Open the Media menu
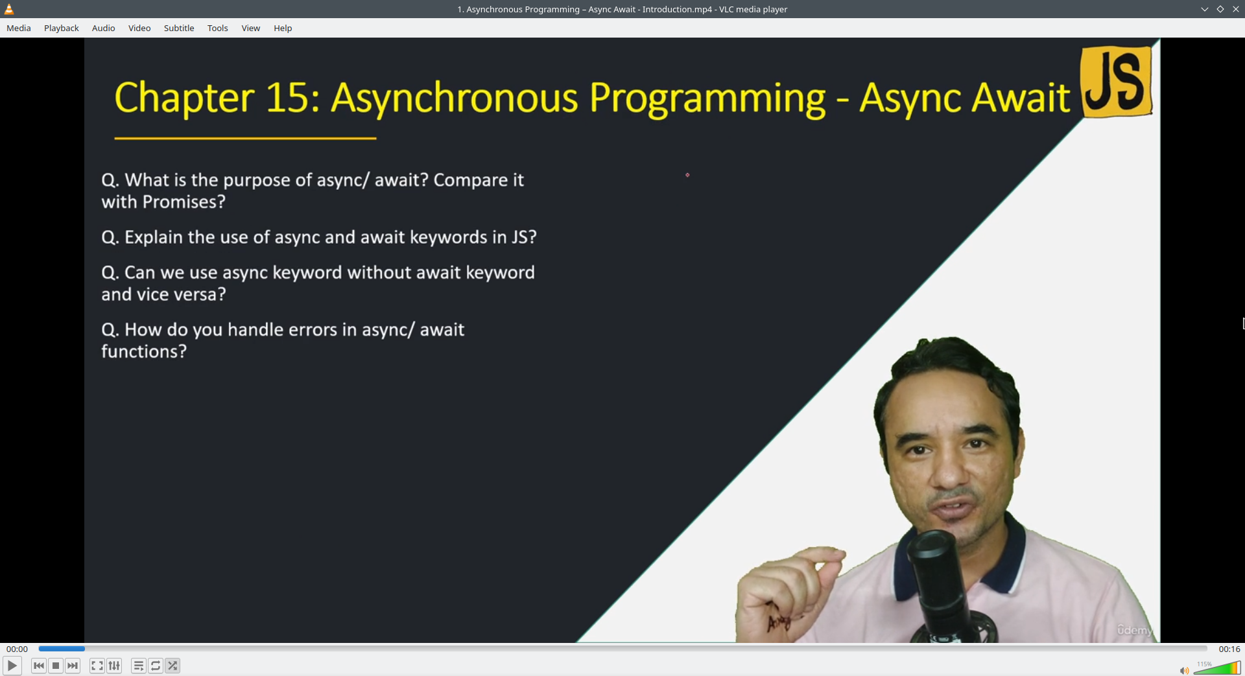[19, 28]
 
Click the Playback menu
[62, 28]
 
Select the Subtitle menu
[179, 28]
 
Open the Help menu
[283, 28]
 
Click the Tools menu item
[218, 28]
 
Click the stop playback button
[56, 666]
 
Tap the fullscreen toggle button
[97, 666]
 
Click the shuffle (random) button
[172, 666]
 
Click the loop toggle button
[156, 666]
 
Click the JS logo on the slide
[1116, 82]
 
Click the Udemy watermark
[1134, 630]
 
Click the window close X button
[1236, 9]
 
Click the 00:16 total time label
[1229, 649]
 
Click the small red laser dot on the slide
[687, 175]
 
